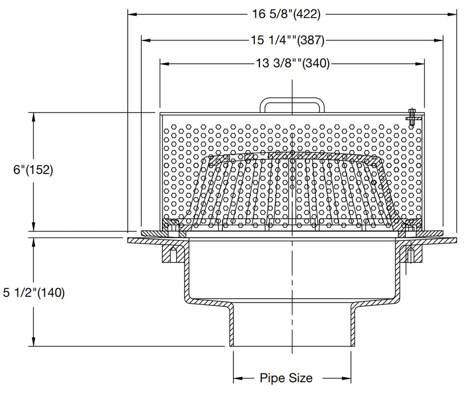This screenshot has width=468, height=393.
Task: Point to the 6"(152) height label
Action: pos(27,170)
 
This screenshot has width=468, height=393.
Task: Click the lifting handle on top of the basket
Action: pos(292,105)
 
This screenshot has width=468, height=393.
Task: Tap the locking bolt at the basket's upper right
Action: pos(412,115)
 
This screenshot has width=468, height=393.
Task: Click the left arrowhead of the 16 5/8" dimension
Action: pos(133,15)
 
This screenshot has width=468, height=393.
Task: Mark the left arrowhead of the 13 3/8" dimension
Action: pos(164,63)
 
